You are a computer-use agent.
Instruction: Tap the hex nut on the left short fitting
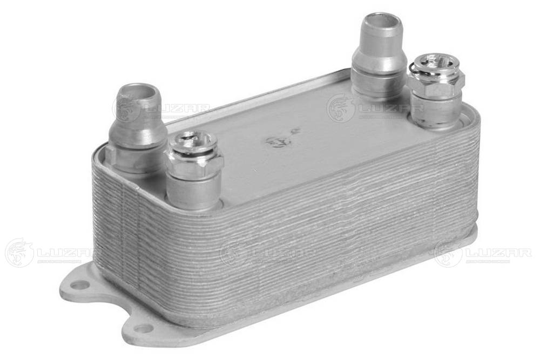pos(194,164)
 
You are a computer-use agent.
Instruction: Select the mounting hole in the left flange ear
pos(80,284)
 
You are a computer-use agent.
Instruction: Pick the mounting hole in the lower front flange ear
pos(144,328)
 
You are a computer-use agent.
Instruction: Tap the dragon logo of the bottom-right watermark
pos(448,253)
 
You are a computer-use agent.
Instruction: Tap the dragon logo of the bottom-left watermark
pos(19,253)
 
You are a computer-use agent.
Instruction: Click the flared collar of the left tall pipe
pos(137,130)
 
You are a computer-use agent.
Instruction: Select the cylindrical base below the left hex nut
pos(193,192)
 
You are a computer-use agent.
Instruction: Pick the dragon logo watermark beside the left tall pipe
pos(126,108)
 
